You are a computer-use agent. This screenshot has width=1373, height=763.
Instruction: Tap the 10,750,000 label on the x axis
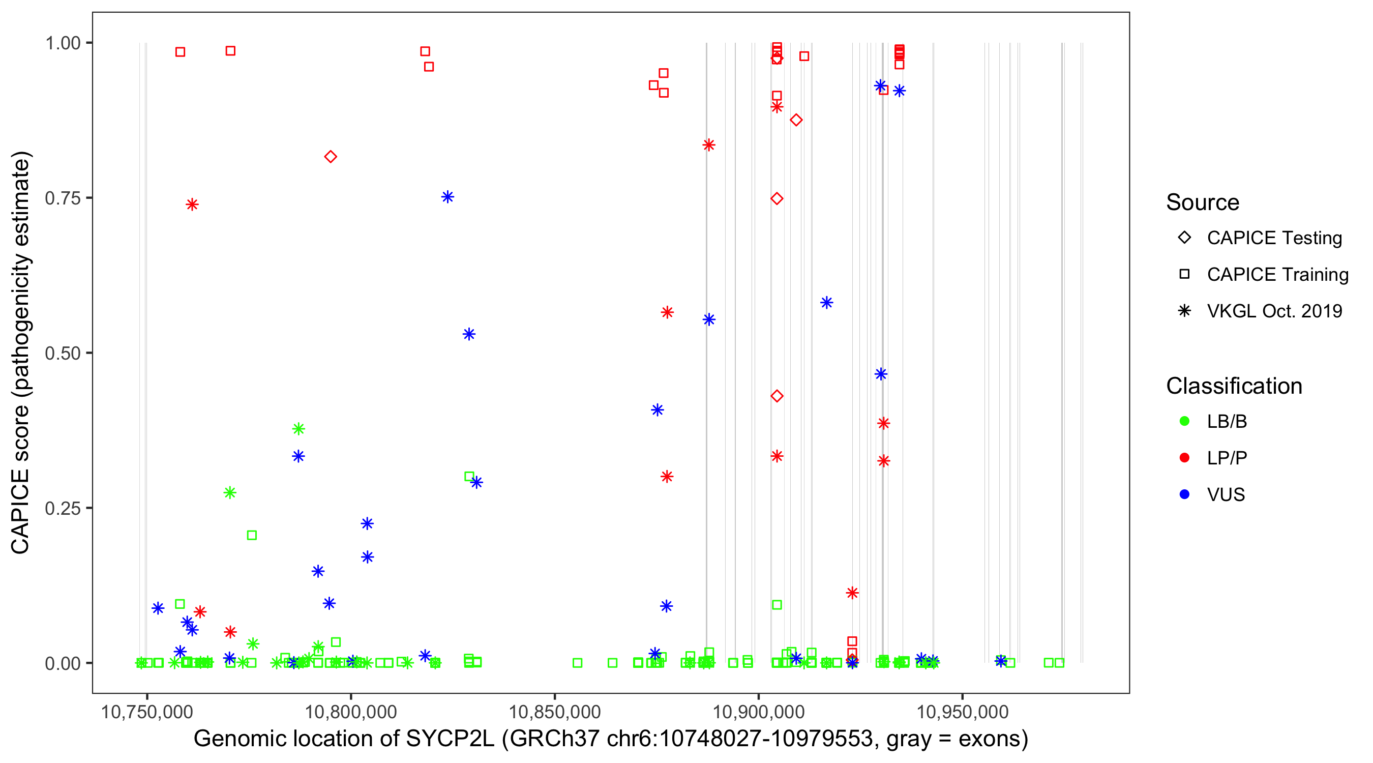tap(146, 712)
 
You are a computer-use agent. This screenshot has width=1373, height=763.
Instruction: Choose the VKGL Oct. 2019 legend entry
tap(1274, 311)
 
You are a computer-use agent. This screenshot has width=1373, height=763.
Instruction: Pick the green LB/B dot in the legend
tap(1184, 421)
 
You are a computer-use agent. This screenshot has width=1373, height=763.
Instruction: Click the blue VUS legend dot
tap(1184, 494)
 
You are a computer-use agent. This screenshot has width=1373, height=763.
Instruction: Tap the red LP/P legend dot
tap(1184, 458)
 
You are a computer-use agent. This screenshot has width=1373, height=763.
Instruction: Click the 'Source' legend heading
tap(1203, 202)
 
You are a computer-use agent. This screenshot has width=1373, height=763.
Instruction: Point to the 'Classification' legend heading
tap(1234, 386)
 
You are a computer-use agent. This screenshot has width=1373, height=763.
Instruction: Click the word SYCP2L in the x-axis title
tap(450, 739)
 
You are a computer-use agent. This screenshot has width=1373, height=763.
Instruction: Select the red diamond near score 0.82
tap(331, 157)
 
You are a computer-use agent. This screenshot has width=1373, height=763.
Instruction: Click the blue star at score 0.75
tap(447, 197)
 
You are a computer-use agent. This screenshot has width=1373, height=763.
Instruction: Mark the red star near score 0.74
tap(192, 205)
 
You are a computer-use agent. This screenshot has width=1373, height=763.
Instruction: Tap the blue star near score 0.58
tap(827, 303)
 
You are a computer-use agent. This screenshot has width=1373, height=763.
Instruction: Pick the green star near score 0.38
tap(299, 429)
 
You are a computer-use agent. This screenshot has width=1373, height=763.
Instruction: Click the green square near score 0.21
tap(252, 535)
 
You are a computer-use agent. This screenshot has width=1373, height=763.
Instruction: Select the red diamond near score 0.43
tap(777, 396)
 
